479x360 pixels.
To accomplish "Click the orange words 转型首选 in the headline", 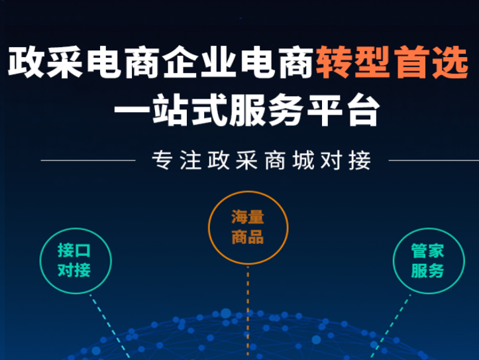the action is [392, 62].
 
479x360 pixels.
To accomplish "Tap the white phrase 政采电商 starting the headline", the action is [84, 62].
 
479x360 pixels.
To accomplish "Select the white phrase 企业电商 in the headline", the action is [239, 62].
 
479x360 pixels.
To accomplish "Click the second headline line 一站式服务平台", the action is [247, 109].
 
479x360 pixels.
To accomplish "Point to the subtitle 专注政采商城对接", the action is [262, 160].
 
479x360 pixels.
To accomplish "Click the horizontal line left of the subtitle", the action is [88, 160].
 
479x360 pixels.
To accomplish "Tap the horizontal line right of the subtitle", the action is [433, 160].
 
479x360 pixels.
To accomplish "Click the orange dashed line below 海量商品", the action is [248, 312].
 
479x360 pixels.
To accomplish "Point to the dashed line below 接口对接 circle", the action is [109, 326].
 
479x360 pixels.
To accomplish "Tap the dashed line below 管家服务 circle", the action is [390, 326].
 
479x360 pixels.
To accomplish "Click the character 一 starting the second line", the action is [132, 110].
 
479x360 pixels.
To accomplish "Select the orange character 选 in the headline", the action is [451, 62].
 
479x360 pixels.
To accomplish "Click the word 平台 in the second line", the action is [343, 109].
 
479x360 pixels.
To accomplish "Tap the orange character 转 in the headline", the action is [335, 62].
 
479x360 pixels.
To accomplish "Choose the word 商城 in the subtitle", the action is [290, 160].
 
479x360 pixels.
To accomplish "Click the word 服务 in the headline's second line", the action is [266, 109].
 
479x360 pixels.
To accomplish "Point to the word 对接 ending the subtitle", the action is [346, 160].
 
